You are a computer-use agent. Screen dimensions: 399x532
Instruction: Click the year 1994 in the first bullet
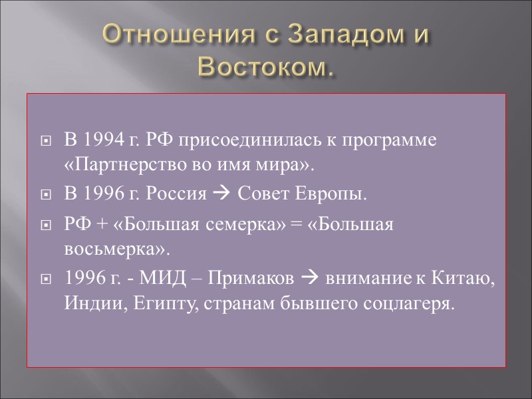click(x=103, y=141)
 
